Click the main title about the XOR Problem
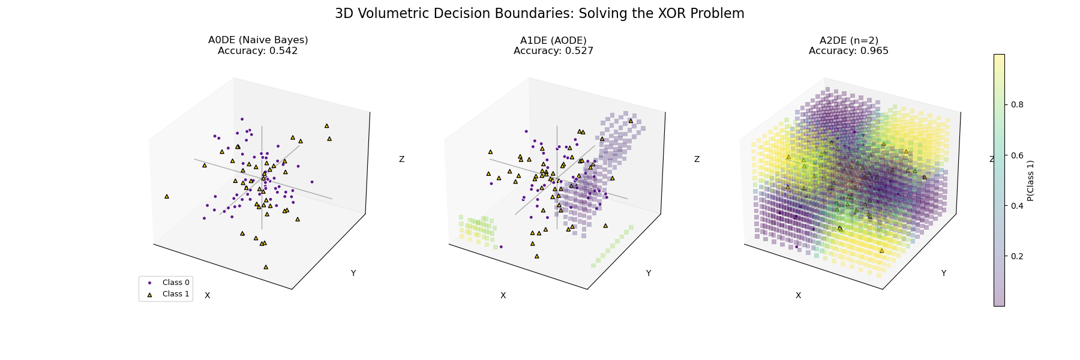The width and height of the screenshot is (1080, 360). click(x=539, y=14)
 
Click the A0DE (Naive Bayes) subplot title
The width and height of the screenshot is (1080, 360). click(x=258, y=40)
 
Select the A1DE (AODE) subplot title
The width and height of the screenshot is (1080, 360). click(x=553, y=40)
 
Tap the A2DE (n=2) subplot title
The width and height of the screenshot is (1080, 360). click(x=848, y=40)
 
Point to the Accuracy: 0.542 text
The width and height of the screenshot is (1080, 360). click(x=258, y=51)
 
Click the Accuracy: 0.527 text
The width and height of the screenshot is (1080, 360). click(x=553, y=51)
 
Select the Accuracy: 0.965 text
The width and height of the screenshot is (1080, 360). click(x=848, y=51)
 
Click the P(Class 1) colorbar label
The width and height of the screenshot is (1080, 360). click(x=1030, y=180)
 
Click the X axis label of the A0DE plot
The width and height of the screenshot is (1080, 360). click(x=208, y=295)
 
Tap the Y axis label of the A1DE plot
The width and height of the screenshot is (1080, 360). click(x=649, y=274)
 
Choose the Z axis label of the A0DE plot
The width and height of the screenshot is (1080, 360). click(x=401, y=160)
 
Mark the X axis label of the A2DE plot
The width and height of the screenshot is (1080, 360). click(x=798, y=295)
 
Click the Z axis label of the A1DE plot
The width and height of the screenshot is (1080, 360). click(x=697, y=160)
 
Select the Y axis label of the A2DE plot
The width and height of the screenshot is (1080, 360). click(x=944, y=274)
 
